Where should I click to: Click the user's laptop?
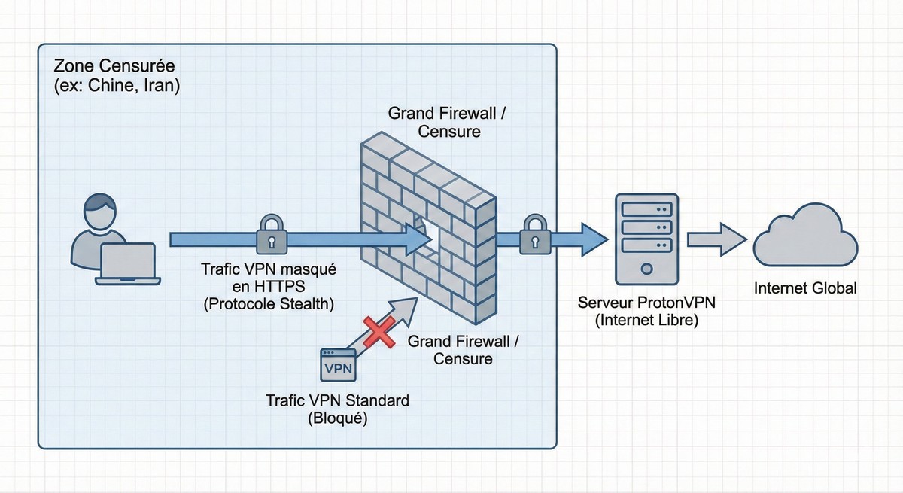128,263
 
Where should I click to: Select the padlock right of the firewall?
534,233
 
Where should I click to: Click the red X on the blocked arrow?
379,330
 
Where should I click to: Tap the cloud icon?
806,235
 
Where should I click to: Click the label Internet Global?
805,288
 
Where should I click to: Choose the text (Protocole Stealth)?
269,303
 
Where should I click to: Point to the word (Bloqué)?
337,419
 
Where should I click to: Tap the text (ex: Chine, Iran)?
117,85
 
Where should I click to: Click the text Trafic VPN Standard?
337,400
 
